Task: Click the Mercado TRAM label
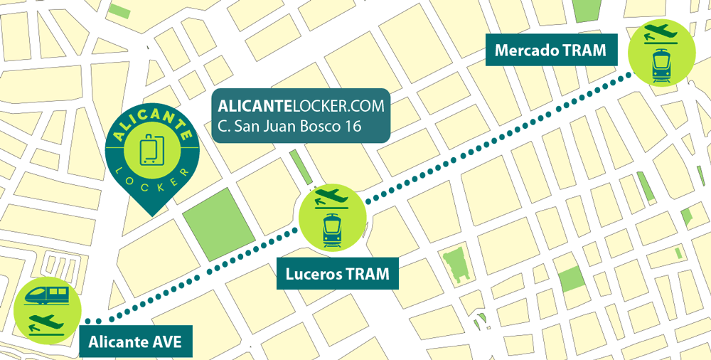click(x=550, y=51)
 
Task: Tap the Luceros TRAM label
click(x=337, y=274)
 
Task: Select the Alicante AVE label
click(x=134, y=343)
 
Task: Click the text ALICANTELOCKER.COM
click(x=301, y=106)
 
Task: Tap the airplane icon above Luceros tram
click(x=331, y=194)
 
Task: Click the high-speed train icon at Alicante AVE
click(x=47, y=295)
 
